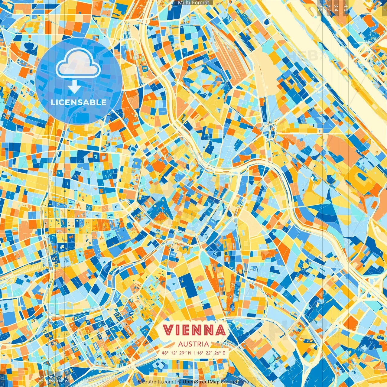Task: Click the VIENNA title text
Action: (x=194, y=330)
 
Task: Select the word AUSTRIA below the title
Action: (x=193, y=344)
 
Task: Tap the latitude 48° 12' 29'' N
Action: (x=176, y=353)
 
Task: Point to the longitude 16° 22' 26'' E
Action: (x=211, y=353)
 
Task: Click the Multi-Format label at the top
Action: (x=193, y=3)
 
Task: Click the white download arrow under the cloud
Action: (x=74, y=87)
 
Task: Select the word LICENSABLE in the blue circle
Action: (x=79, y=102)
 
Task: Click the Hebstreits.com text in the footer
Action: (x=155, y=382)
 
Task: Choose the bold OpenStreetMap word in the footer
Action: (x=201, y=382)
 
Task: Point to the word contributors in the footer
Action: (x=235, y=382)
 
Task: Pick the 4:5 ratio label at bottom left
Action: (x=41, y=379)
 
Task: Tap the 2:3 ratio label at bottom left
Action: (x=67, y=379)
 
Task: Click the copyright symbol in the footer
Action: (x=179, y=382)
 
